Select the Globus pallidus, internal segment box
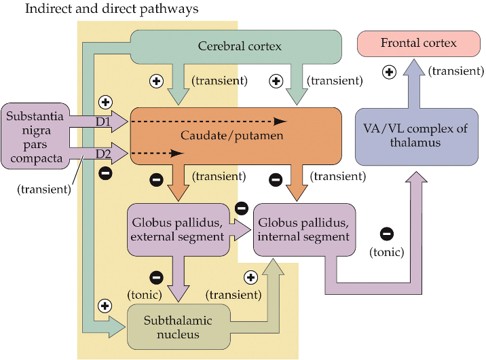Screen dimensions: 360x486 (303, 229)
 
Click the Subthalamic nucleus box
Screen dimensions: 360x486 (178, 327)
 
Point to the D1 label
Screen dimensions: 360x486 (103, 122)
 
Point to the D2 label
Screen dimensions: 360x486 (103, 154)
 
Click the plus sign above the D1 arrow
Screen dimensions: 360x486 (105, 102)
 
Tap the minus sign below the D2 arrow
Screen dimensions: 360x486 (105, 173)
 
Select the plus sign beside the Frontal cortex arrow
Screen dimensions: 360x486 (389, 71)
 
